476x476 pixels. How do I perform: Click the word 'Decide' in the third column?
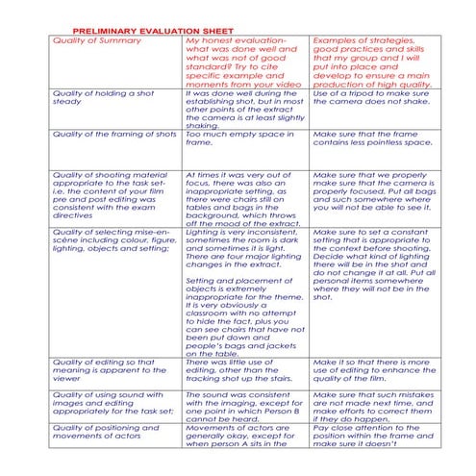331,256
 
